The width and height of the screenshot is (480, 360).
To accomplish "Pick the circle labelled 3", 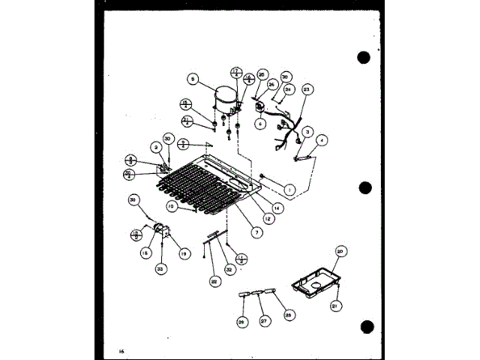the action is pyautogui.click(x=307, y=132).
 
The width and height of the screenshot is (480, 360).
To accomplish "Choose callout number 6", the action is pyautogui.click(x=260, y=124).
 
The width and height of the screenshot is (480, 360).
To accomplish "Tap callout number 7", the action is pyautogui.click(x=257, y=232).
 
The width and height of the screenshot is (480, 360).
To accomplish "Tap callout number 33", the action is pyautogui.click(x=160, y=268).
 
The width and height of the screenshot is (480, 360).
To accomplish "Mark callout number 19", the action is pyautogui.click(x=182, y=254).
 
